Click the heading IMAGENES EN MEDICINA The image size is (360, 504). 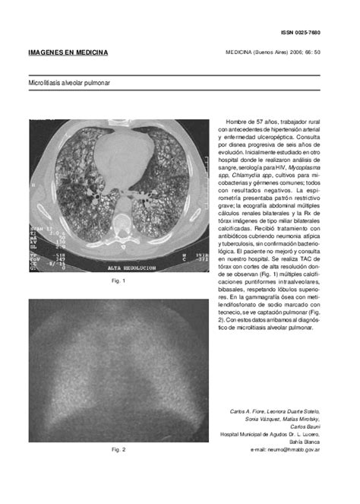point(68,52)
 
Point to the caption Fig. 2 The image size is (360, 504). point(118,450)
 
